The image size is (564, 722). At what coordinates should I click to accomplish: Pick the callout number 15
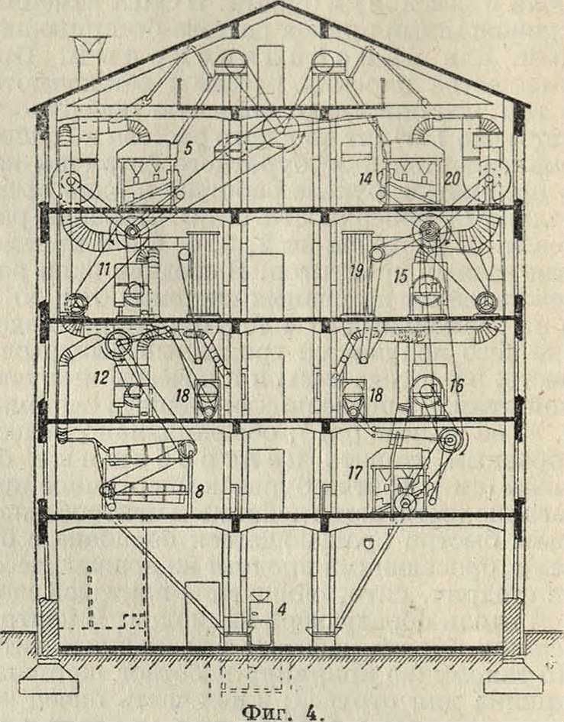(x=401, y=276)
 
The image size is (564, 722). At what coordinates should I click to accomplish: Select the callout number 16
(x=457, y=386)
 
